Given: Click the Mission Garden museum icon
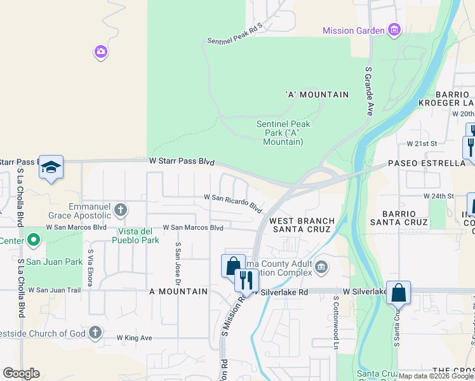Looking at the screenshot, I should tap(394, 30).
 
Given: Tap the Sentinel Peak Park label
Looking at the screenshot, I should tap(283, 133).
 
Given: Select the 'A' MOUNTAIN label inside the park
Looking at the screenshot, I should tap(318, 95).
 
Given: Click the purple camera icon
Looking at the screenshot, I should tap(100, 51).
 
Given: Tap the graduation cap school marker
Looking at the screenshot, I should tap(51, 167).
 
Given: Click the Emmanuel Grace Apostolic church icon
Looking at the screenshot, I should tap(121, 209).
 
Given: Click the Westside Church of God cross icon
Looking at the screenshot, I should tap(95, 332).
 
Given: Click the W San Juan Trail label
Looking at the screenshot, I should tap(55, 290).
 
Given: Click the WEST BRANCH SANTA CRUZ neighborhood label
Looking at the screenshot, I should tap(300, 225).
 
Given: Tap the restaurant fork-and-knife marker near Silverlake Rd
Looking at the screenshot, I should tap(246, 279).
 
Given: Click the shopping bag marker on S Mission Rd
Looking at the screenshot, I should tap(233, 265).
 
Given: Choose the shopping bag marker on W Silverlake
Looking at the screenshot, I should tap(398, 293).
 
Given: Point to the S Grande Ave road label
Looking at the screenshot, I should tap(368, 88).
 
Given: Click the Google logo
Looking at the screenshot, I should tap(21, 373).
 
